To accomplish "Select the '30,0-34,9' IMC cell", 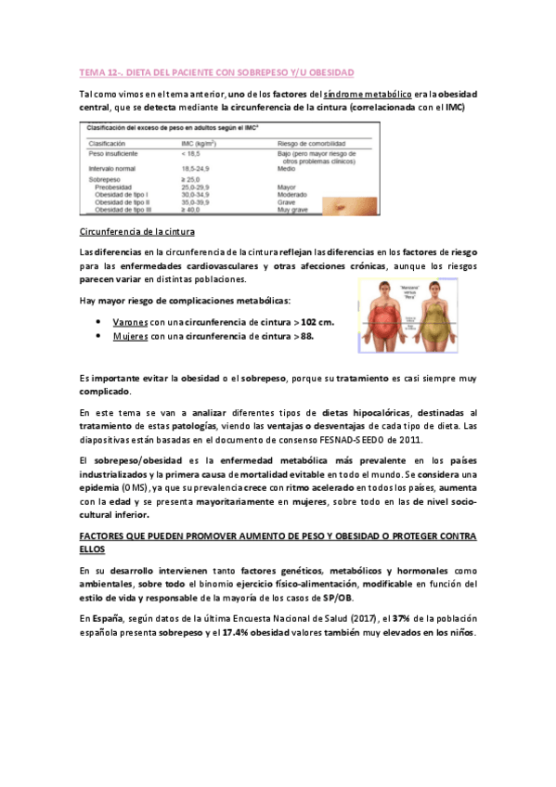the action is pos(199,194).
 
